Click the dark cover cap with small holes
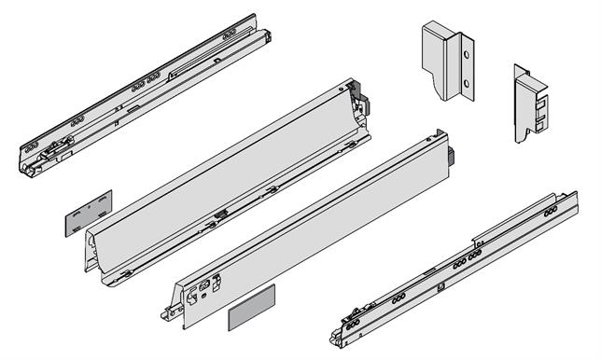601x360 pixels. (x=87, y=211)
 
